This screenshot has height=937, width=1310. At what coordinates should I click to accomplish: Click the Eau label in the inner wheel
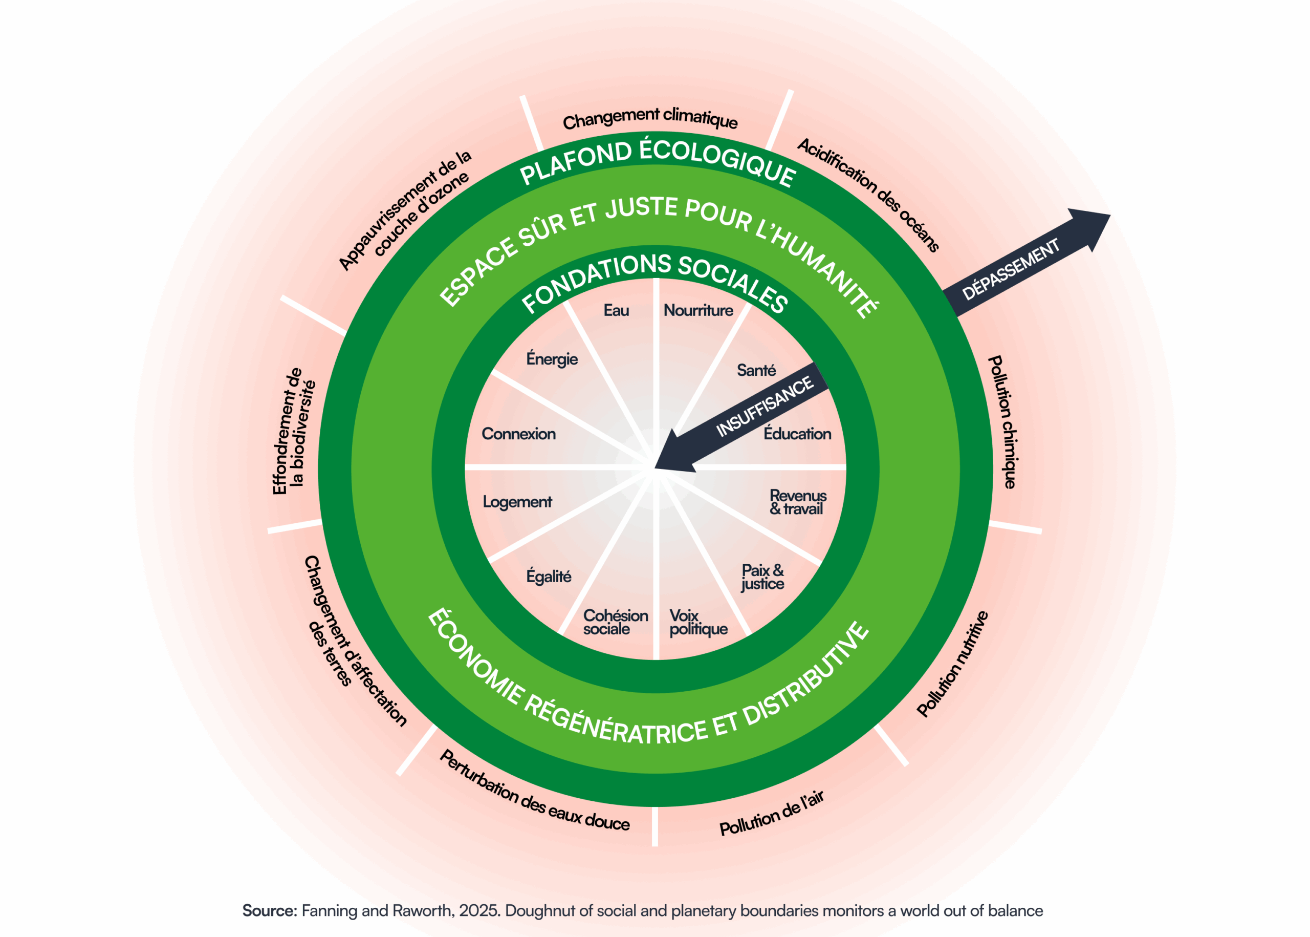tap(616, 310)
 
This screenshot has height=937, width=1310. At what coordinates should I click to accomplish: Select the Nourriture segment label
tap(698, 310)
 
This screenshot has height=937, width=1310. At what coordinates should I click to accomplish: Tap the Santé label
tap(756, 370)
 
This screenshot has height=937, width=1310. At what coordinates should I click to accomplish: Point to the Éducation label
tap(797, 434)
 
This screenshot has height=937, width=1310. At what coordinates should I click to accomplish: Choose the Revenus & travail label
tap(797, 502)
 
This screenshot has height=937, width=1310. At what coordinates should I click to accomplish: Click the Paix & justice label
tap(762, 577)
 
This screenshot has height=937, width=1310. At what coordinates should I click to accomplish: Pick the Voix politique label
tap(697, 623)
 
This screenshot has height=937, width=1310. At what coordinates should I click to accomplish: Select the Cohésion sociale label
tap(615, 623)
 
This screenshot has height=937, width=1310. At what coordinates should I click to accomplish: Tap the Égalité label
tap(549, 577)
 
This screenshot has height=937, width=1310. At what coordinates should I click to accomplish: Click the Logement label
tap(517, 502)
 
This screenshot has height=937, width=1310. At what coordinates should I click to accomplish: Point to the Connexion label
tap(518, 434)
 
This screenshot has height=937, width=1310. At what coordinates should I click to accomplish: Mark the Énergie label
tap(552, 359)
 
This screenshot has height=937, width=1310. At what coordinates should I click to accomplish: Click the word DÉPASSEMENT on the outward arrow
tap(1011, 269)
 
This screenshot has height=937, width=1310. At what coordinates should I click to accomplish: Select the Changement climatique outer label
tap(650, 118)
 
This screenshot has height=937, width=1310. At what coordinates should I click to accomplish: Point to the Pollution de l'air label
tap(772, 814)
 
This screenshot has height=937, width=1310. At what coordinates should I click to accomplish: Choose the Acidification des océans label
tap(869, 195)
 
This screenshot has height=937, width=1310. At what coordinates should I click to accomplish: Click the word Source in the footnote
tap(269, 910)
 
